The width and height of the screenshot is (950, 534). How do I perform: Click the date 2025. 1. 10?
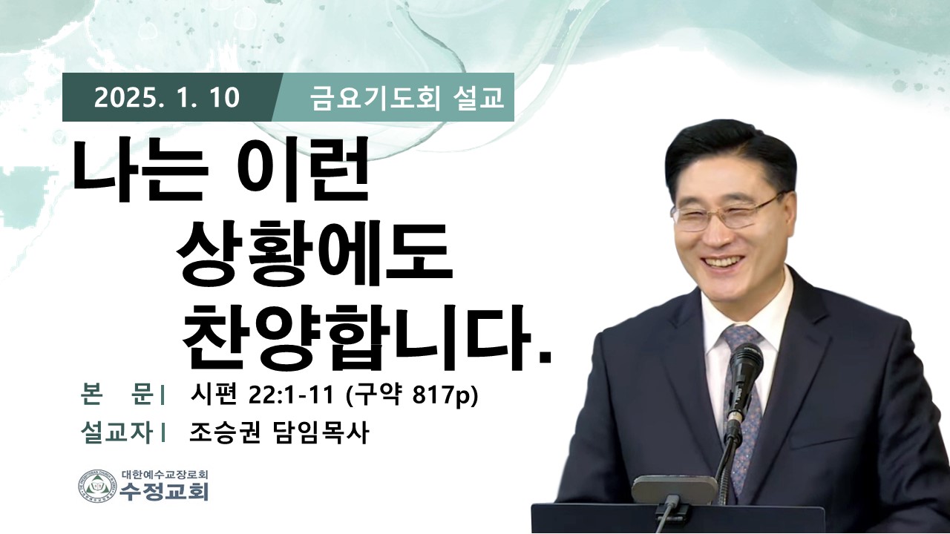(167, 98)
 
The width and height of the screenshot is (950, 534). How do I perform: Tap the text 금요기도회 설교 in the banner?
(407, 98)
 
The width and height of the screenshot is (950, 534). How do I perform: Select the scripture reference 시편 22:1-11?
(261, 395)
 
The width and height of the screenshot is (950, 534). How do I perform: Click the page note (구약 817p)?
(412, 396)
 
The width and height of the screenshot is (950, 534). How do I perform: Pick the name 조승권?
(225, 433)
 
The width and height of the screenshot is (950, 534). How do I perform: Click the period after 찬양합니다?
(544, 357)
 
